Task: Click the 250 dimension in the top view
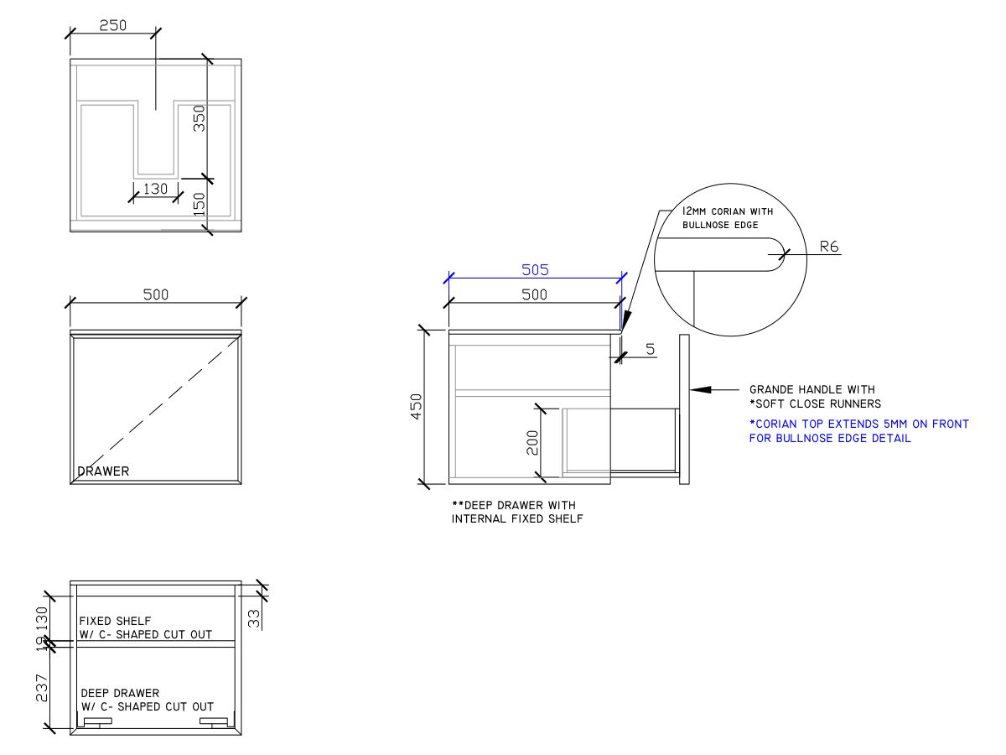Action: tap(112, 25)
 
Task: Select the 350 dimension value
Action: tap(200, 118)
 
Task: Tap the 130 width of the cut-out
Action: tap(155, 189)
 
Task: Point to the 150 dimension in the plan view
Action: tap(200, 204)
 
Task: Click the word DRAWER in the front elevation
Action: tap(103, 471)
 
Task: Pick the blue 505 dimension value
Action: tap(535, 270)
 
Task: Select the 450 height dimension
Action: tap(416, 406)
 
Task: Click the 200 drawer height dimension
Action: tap(532, 442)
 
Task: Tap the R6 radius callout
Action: tap(828, 247)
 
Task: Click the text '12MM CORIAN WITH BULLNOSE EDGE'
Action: tap(728, 218)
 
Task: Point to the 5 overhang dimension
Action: tap(651, 349)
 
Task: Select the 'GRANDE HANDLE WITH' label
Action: tap(812, 389)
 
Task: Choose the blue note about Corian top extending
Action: tap(859, 431)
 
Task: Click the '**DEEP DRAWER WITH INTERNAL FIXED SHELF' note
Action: tap(517, 512)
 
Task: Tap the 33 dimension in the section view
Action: tap(253, 618)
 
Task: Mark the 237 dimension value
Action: tap(42, 688)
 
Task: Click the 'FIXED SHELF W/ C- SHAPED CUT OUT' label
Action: tap(145, 627)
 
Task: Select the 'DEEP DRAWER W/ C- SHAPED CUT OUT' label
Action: tap(147, 700)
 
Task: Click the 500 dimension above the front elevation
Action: tap(156, 294)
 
